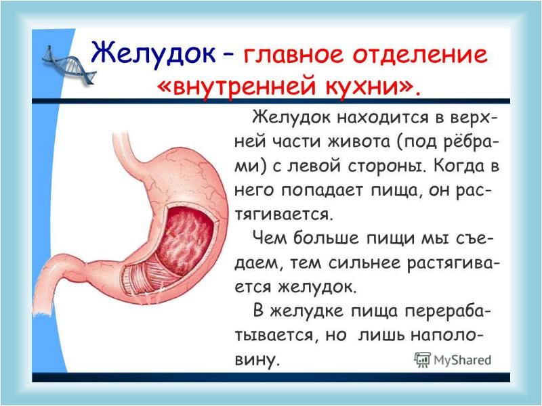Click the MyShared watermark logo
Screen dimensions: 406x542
pyautogui.click(x=453, y=359)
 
